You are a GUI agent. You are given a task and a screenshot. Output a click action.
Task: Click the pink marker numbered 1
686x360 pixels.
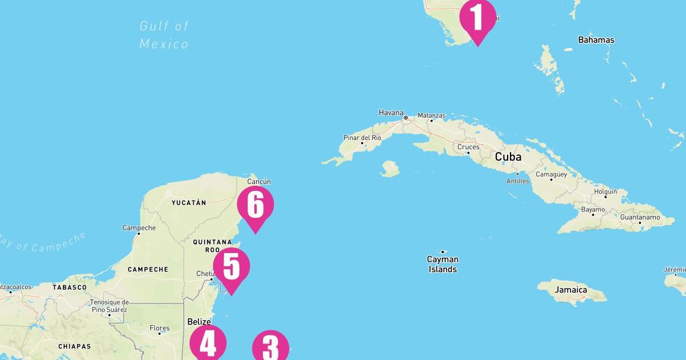click(477, 18)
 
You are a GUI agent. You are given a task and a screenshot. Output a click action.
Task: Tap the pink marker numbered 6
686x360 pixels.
click(255, 205)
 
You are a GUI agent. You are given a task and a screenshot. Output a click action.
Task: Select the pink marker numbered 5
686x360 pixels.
click(232, 267)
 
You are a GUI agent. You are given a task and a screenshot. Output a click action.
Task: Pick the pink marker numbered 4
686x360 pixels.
click(208, 345)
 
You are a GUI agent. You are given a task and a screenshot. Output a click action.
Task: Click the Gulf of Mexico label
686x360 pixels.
click(164, 35)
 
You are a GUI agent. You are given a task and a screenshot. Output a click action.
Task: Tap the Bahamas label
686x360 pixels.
click(596, 40)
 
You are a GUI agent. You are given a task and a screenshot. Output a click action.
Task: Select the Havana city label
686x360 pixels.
click(391, 113)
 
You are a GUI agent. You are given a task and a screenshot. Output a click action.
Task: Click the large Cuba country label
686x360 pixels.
click(508, 157)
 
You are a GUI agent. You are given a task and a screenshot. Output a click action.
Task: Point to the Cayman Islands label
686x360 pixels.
click(442, 264)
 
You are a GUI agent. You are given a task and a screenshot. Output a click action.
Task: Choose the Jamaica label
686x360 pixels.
click(571, 290)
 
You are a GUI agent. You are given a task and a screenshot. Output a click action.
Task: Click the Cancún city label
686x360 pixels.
click(258, 182)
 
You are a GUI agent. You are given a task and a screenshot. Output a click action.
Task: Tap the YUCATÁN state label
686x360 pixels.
click(189, 202)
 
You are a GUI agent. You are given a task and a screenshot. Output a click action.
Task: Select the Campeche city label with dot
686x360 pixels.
click(139, 228)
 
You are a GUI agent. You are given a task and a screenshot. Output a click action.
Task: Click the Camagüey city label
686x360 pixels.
click(552, 174)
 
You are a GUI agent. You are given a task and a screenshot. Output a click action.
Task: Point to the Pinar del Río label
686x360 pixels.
click(362, 138)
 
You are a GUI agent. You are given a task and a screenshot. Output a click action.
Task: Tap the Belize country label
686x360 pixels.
click(199, 322)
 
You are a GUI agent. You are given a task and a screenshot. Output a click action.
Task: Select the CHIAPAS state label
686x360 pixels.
click(74, 346)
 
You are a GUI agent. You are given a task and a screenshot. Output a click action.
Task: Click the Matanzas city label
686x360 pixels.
click(431, 115)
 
